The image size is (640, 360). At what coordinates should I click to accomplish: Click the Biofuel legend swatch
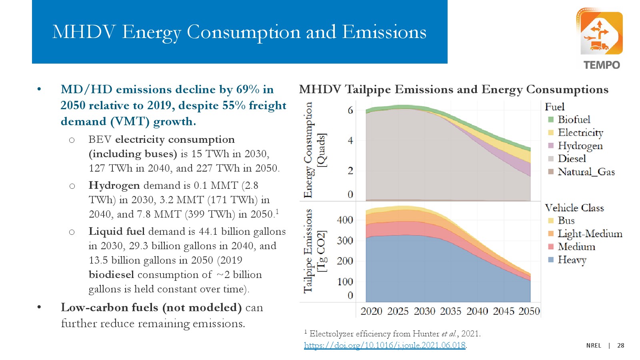[x=551, y=120]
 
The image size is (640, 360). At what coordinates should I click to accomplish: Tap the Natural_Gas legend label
[x=586, y=172]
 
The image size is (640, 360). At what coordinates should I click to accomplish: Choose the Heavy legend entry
[x=572, y=260]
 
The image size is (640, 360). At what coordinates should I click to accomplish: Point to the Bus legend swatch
[x=551, y=221]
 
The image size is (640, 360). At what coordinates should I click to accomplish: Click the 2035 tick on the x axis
[x=450, y=311]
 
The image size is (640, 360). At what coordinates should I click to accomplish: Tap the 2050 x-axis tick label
[x=529, y=311]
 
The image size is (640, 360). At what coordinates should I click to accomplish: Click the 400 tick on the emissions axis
[x=345, y=220]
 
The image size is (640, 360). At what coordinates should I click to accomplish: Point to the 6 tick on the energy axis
[x=350, y=110]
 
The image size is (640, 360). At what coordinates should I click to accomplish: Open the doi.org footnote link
[x=384, y=345]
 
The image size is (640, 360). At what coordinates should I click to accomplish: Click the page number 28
[x=620, y=346]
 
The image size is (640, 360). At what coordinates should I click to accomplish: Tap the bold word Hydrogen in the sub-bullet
[x=114, y=186]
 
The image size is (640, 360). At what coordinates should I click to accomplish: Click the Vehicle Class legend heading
[x=574, y=208]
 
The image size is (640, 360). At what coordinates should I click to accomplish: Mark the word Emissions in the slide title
[x=384, y=32]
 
